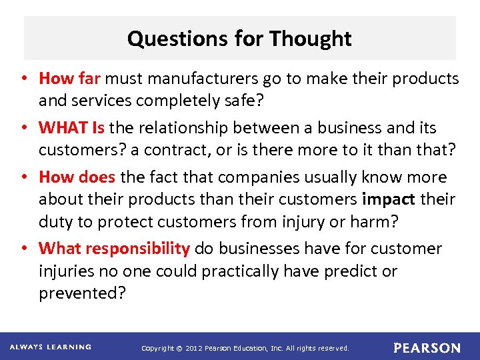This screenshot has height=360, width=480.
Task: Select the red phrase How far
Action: pyautogui.click(x=70, y=79)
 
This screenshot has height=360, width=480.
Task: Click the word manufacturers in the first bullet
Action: pyautogui.click(x=191, y=79)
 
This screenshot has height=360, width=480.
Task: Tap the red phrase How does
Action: pyautogui.click(x=77, y=177)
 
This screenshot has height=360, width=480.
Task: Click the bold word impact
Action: pyautogui.click(x=389, y=199)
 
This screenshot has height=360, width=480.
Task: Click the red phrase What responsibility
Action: pyautogui.click(x=115, y=249)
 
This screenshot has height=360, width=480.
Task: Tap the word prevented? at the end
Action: pyautogui.click(x=82, y=293)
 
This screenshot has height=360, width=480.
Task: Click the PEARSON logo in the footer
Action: pyautogui.click(x=427, y=348)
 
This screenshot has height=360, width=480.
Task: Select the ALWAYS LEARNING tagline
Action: pyautogui.click(x=51, y=347)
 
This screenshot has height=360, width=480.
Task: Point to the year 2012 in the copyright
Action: pyautogui.click(x=193, y=348)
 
